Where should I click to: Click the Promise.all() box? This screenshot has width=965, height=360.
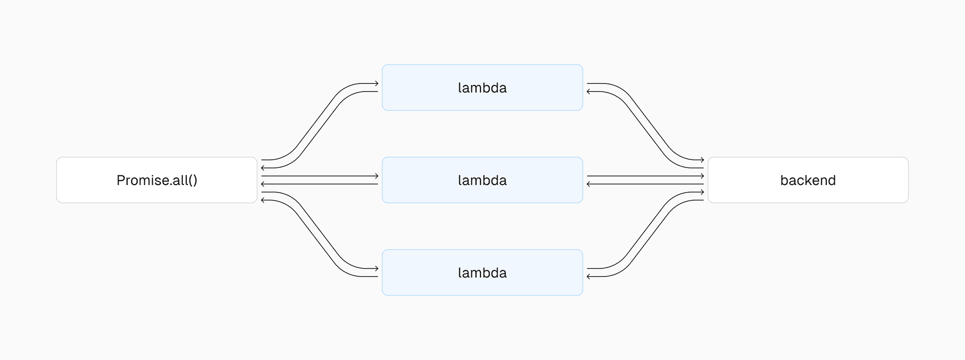(x=157, y=180)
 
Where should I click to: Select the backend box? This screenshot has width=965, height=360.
(x=808, y=180)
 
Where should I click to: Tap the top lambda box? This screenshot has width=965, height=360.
(x=482, y=87)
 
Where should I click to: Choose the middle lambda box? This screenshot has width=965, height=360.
(x=482, y=180)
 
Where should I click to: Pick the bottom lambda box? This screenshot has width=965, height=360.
(x=482, y=273)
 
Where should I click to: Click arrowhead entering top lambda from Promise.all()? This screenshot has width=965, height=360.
(x=376, y=83)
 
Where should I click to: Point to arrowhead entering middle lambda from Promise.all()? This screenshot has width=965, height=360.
(x=376, y=176)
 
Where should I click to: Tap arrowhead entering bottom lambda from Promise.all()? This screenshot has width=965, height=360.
(x=376, y=268)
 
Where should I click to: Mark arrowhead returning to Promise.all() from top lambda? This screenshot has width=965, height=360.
(x=263, y=168)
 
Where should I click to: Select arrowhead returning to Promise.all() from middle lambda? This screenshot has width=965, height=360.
(x=263, y=184)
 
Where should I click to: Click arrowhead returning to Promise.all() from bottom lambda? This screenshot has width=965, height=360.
(x=263, y=200)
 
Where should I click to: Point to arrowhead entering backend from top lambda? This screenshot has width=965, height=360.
(x=702, y=160)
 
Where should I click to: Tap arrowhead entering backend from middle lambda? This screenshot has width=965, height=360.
(x=702, y=176)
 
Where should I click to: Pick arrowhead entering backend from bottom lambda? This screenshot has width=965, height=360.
(x=702, y=192)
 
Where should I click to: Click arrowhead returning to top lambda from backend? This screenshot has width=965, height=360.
(x=589, y=92)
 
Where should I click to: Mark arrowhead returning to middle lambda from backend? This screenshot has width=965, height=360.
(x=589, y=184)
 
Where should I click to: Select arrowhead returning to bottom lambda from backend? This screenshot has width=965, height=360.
(x=589, y=277)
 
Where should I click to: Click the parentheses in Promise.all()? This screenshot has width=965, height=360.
(x=193, y=181)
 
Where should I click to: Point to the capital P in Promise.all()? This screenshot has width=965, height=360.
(x=120, y=180)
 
